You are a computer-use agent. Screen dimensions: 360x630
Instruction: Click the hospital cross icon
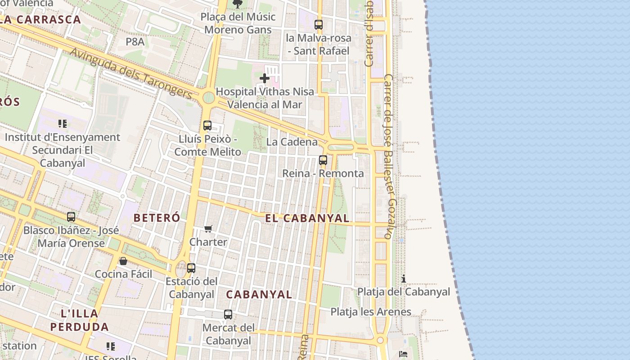[x=265, y=79]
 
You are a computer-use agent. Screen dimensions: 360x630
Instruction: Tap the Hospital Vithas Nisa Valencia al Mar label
[x=265, y=98]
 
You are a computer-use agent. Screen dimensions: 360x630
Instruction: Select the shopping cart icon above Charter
[x=208, y=229]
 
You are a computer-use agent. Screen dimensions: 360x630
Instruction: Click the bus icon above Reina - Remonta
[x=323, y=160]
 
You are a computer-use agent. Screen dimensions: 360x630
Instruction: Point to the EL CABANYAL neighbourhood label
[x=307, y=218]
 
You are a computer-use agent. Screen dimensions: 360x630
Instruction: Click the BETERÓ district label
[x=157, y=218]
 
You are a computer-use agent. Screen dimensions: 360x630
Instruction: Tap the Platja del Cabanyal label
[x=404, y=292]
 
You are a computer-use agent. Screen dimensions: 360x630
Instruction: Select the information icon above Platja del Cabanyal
[x=404, y=279]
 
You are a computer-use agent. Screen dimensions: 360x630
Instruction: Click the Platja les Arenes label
[x=371, y=311]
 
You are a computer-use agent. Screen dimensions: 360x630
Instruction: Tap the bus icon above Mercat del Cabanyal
[x=228, y=315]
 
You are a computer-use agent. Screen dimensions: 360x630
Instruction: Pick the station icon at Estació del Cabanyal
[x=191, y=268]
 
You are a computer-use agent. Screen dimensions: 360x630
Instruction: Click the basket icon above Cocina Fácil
[x=123, y=261]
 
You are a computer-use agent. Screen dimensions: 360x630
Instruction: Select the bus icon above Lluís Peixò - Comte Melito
[x=207, y=126]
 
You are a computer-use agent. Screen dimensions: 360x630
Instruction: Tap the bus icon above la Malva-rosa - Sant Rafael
[x=319, y=25]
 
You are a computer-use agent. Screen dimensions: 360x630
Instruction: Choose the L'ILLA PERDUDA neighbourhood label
[x=80, y=320]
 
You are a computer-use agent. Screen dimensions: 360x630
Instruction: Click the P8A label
[x=135, y=42]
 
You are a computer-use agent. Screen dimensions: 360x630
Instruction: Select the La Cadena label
[x=292, y=142]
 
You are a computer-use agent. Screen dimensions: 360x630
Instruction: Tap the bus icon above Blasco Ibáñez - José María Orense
[x=71, y=217]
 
